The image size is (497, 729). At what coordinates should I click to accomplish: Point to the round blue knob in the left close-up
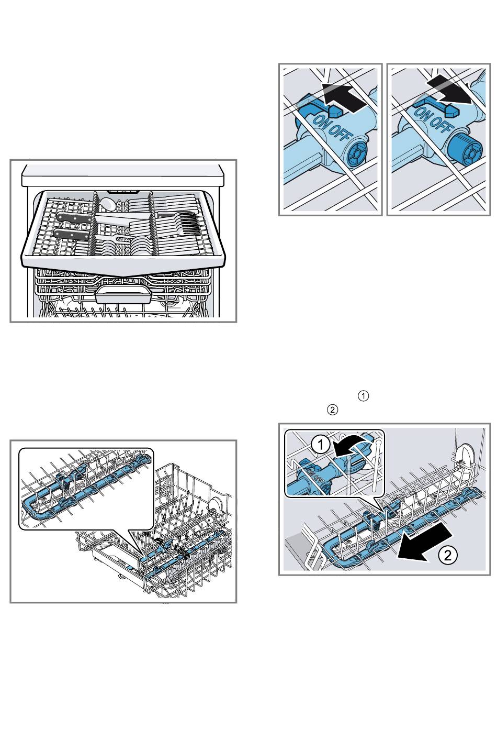pyautogui.click(x=358, y=152)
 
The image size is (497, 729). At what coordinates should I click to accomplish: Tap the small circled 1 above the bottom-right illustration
pyautogui.click(x=364, y=396)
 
